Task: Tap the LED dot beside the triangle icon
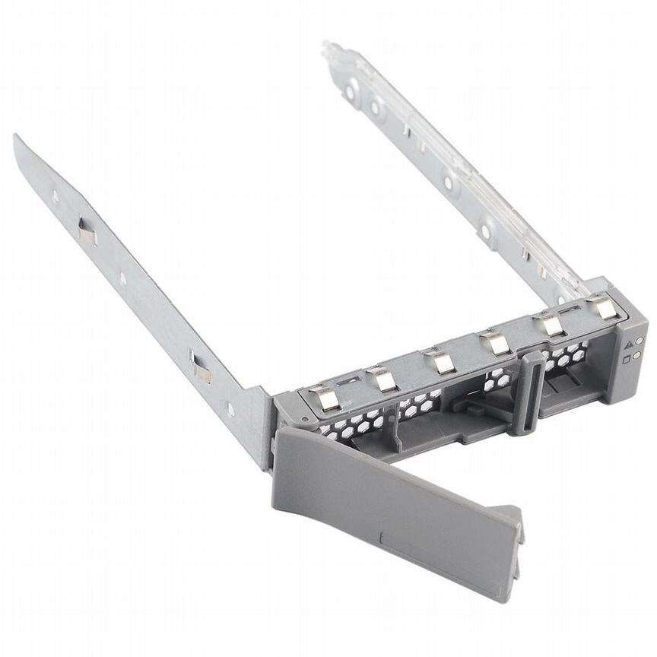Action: point(640,341)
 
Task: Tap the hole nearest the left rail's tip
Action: point(56,196)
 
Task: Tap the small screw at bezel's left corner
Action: point(303,419)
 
